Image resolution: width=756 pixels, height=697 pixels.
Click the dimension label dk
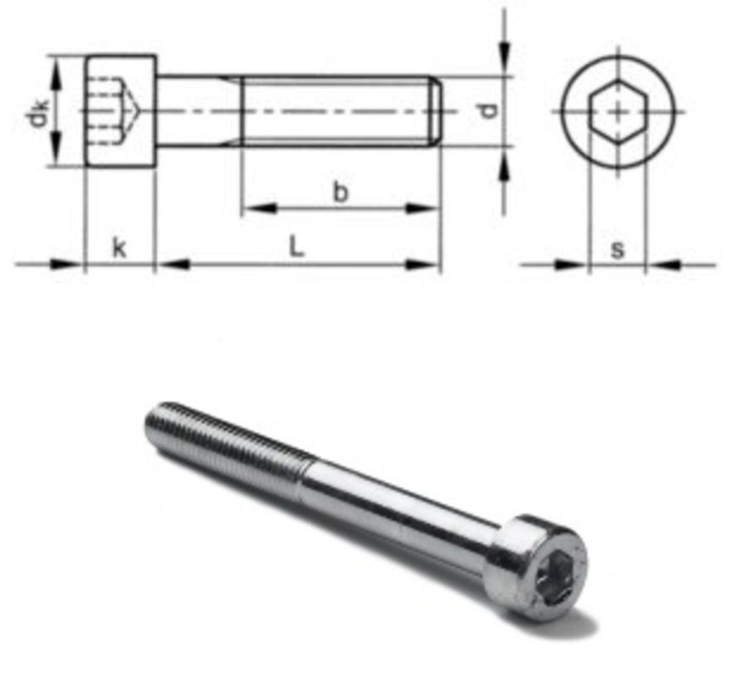(x=38, y=111)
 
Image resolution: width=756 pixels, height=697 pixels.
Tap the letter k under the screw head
(x=119, y=247)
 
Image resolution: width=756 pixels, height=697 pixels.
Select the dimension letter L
(x=296, y=246)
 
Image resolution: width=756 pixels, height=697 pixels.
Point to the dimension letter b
(x=340, y=193)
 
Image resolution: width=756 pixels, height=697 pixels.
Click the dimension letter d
(x=486, y=110)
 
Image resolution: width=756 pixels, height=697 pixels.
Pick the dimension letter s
(x=618, y=248)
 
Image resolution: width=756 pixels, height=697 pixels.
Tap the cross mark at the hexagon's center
(x=618, y=111)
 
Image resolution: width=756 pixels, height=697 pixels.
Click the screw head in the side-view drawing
(x=120, y=111)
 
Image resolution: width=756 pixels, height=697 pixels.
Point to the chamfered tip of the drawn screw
(x=437, y=111)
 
